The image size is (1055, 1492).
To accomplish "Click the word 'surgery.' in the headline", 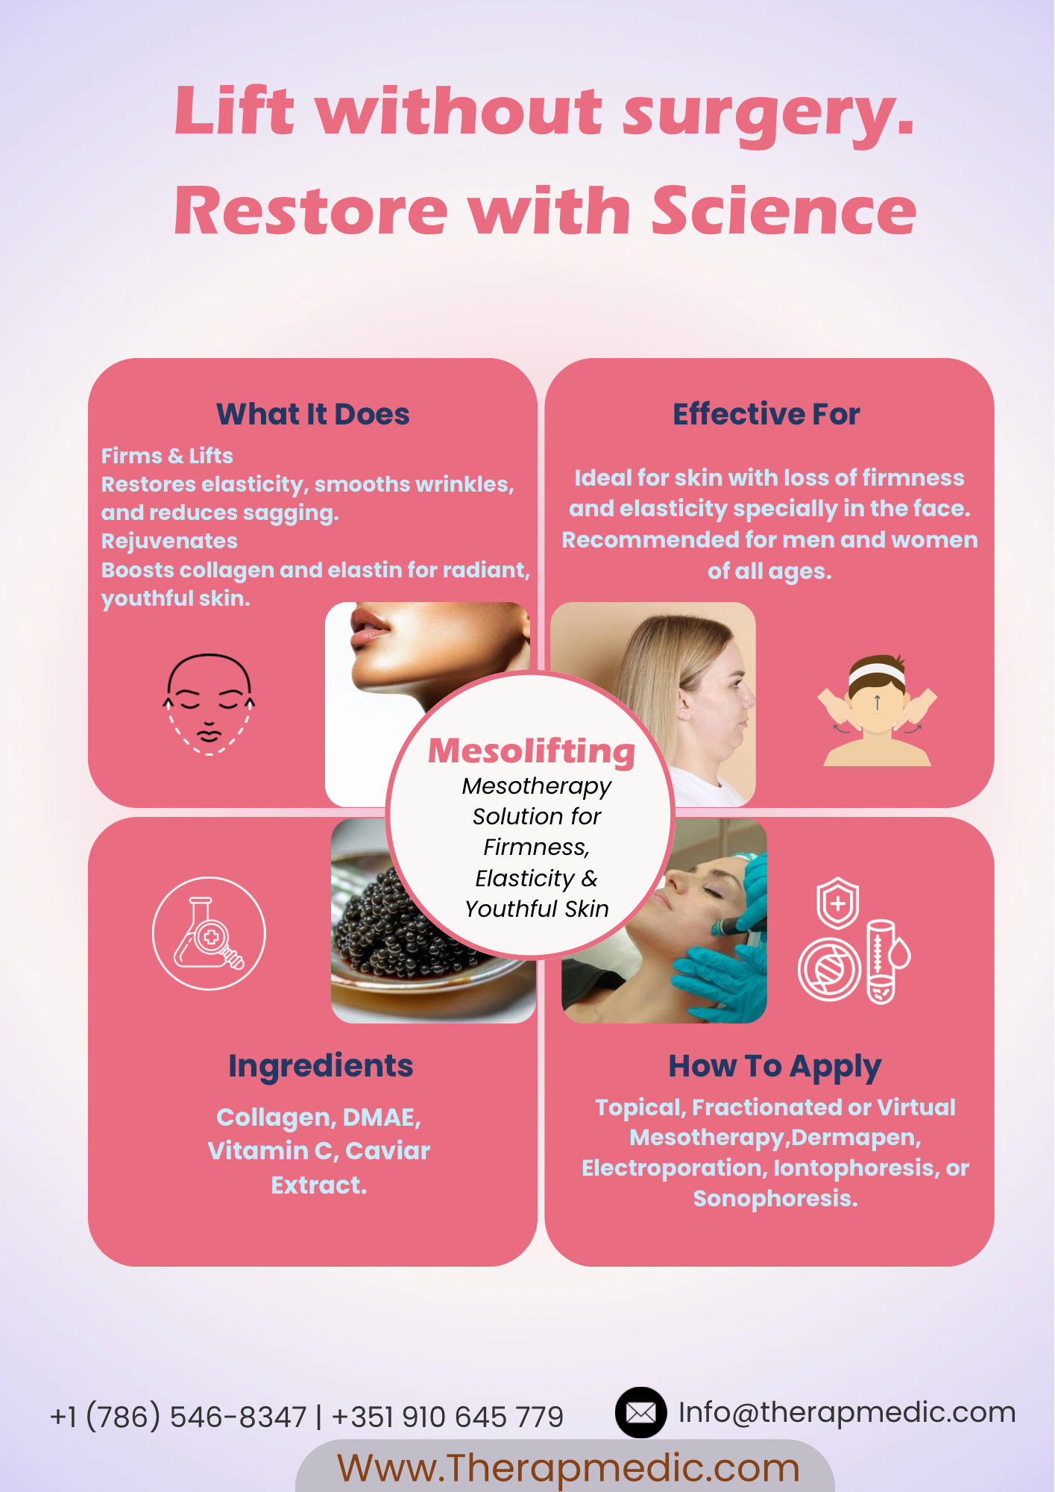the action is [x=769, y=114].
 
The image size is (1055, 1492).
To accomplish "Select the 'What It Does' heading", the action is [x=313, y=414].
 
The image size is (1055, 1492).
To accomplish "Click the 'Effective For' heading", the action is [x=766, y=414].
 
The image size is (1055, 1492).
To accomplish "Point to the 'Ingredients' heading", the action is [x=321, y=1066].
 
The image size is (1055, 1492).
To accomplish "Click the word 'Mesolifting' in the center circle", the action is [x=532, y=751].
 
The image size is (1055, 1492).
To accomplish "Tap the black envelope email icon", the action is [x=640, y=1412].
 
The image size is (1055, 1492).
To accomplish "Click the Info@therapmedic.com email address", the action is [x=847, y=1412].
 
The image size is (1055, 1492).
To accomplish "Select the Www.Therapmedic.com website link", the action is [x=568, y=1467].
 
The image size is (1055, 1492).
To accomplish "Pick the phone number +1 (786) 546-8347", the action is [x=178, y=1417].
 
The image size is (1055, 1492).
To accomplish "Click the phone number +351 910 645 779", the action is [x=447, y=1417].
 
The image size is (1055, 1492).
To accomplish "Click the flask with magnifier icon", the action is [x=209, y=933].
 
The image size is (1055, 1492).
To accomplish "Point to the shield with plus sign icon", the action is [x=838, y=903].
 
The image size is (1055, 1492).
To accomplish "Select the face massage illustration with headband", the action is [x=878, y=710].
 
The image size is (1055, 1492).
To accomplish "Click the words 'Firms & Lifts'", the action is [x=167, y=456].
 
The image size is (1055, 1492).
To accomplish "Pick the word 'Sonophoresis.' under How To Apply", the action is [x=775, y=1198].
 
